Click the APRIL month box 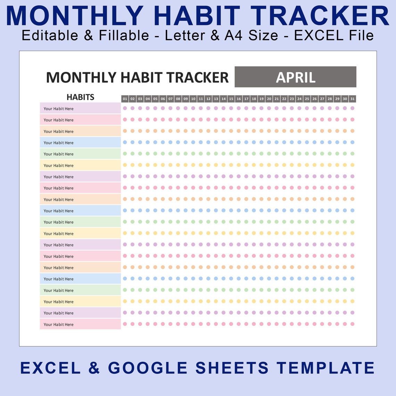point(295,77)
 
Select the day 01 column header point(125,99)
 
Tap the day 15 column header point(231,99)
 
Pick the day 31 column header point(352,99)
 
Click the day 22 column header point(284,99)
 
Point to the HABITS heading point(80,97)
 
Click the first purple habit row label point(80,108)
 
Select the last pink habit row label point(80,324)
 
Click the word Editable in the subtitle point(50,35)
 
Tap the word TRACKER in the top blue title point(320,16)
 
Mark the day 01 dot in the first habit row point(125,108)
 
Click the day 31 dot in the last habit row point(352,324)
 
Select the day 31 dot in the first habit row point(352,108)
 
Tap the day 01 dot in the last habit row point(125,324)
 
